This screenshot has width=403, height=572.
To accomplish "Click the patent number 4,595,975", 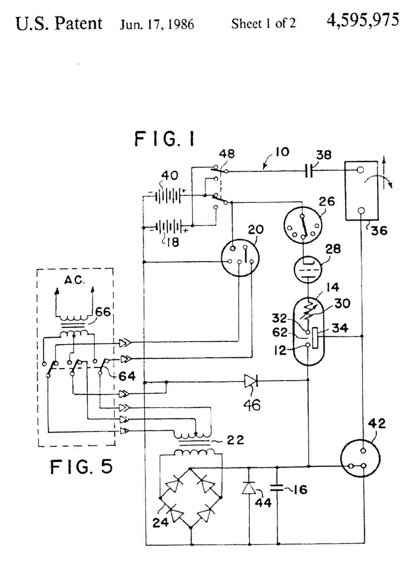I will tap(362, 20).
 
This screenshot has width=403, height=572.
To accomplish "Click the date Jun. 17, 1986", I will tap(157, 24).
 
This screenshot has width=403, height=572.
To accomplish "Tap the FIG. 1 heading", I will tap(165, 139).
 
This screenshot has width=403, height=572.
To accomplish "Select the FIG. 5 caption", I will tap(81, 467).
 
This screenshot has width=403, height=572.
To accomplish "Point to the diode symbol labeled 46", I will tap(250, 381).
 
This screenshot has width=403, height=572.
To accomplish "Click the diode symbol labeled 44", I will tap(249, 488).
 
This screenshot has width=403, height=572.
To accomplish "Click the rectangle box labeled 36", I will tap(361, 191).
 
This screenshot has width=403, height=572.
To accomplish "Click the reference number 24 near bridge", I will tap(160, 522).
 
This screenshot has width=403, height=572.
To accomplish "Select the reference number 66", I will tap(103, 312).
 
